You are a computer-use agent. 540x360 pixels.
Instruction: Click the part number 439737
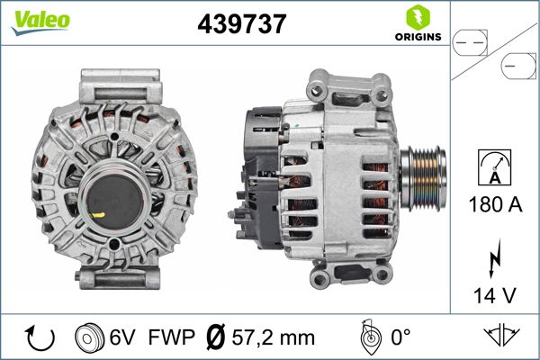point(241,25)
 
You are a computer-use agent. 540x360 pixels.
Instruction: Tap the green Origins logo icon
point(416,16)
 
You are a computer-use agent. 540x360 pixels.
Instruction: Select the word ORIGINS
point(416,37)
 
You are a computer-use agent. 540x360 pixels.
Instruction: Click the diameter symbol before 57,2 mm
point(216,338)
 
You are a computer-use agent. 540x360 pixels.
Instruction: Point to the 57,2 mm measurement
point(274,338)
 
